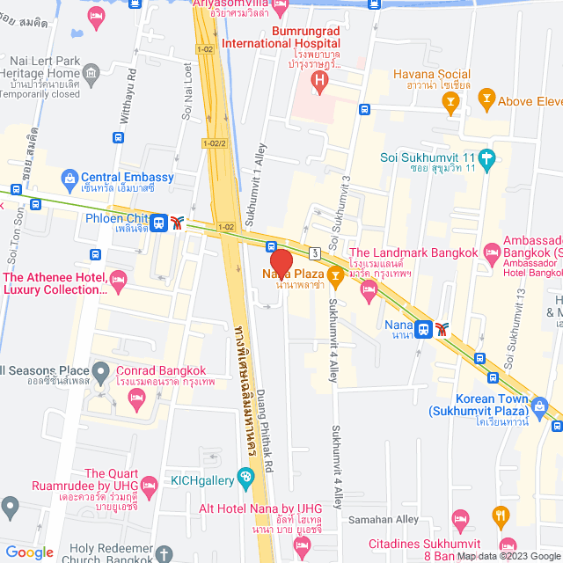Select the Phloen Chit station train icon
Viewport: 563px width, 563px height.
pos(159,222)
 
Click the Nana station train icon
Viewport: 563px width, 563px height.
pos(424,329)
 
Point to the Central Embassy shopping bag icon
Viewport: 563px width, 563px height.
pos(69,178)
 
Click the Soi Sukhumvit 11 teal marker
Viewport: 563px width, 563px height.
pos(486,158)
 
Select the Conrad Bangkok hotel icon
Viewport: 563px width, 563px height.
pos(136,398)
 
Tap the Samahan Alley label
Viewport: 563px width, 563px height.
pos(383,520)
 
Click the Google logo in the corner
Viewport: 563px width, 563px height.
pos(30,552)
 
